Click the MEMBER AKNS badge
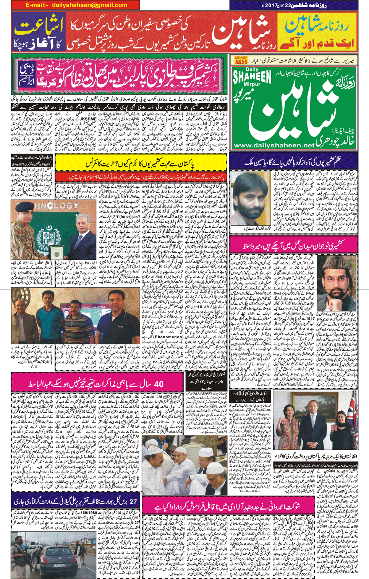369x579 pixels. tap(241, 60)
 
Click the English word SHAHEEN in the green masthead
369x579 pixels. tap(252, 78)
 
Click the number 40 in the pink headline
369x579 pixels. tap(157, 384)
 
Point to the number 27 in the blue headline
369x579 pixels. tap(133, 501)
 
